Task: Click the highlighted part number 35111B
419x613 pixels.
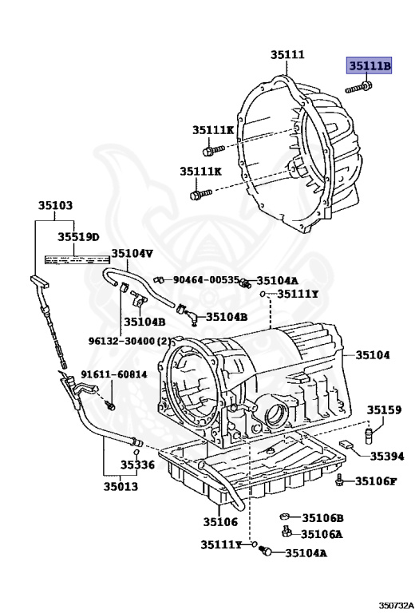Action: pos(368,65)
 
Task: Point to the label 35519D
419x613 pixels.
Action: pos(77,237)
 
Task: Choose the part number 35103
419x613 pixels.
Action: pos(55,206)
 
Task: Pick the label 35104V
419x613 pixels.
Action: pos(132,254)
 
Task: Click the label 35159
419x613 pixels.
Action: pos(384,409)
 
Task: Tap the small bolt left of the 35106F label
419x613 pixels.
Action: pos(341,480)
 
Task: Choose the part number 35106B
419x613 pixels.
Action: pos(322,518)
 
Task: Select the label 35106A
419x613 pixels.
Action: pos(322,535)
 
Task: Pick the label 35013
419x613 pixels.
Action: pos(119,486)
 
